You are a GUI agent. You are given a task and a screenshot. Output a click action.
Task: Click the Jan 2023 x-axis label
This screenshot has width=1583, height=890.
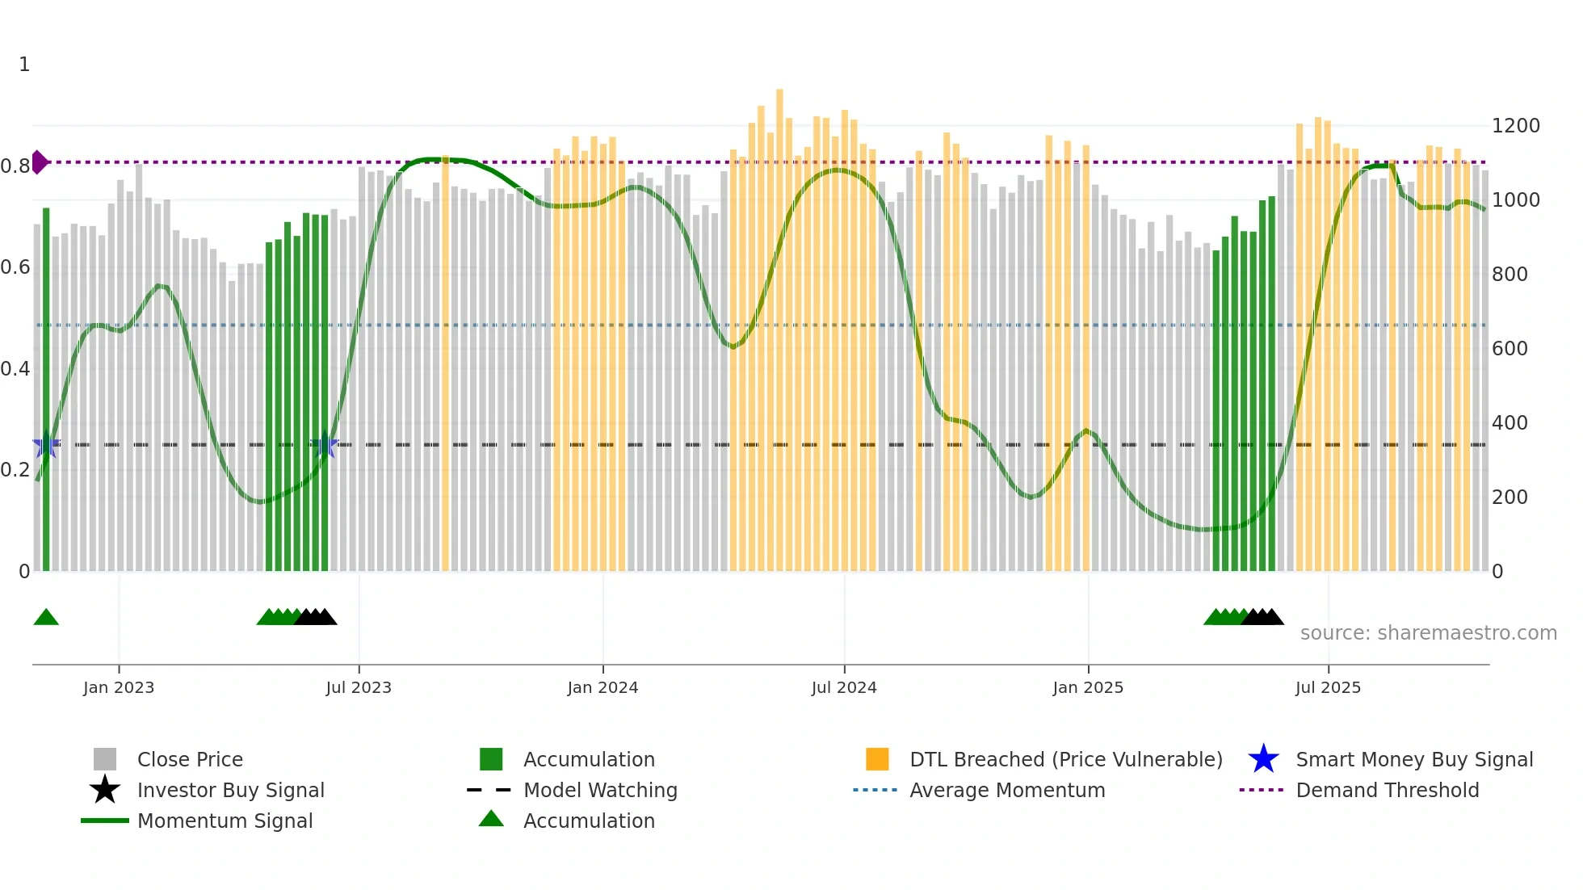pos(118,687)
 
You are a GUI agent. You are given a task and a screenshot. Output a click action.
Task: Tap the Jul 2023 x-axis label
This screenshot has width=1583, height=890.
pos(359,687)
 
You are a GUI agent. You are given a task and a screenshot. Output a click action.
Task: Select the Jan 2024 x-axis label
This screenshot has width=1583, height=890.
pos(603,687)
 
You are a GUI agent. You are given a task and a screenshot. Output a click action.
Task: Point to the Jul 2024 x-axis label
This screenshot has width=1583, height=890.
pos(844,687)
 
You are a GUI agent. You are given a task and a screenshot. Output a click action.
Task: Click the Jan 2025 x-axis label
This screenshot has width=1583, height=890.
pos(1088,687)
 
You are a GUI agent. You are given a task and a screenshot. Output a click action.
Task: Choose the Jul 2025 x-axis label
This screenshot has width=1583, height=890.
pos(1328,687)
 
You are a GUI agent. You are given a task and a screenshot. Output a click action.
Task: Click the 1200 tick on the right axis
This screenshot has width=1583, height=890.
pos(1515,126)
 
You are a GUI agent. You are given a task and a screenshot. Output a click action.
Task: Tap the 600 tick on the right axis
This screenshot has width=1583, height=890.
pos(1510,349)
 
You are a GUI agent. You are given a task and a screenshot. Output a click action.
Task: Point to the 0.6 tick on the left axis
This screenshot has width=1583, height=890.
pos(15,267)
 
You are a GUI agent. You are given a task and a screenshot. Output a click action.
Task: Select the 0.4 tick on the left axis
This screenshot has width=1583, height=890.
pos(15,369)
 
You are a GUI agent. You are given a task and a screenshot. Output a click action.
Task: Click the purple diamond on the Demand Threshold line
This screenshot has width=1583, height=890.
pos(39,162)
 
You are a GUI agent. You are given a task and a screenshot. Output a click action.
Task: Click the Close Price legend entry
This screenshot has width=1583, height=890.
pos(190,759)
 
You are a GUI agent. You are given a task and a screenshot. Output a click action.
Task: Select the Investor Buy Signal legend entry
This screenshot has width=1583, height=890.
pos(230,790)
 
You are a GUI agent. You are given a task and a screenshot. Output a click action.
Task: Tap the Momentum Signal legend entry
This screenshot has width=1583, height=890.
pos(225,821)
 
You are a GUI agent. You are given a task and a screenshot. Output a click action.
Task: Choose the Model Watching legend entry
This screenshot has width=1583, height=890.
pos(600,790)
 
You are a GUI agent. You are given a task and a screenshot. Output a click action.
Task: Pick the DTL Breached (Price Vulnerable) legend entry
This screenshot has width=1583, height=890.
pos(1065,759)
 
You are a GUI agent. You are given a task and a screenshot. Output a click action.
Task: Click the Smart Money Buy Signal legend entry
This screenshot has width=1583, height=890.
pos(1413,759)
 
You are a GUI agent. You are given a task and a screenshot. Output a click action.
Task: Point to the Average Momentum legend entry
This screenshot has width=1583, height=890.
pos(1007,790)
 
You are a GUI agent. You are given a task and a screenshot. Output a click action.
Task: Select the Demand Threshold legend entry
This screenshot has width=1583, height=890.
pos(1387,790)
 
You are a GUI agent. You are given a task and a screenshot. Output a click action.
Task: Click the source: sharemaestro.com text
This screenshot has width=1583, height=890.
pos(1428,633)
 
